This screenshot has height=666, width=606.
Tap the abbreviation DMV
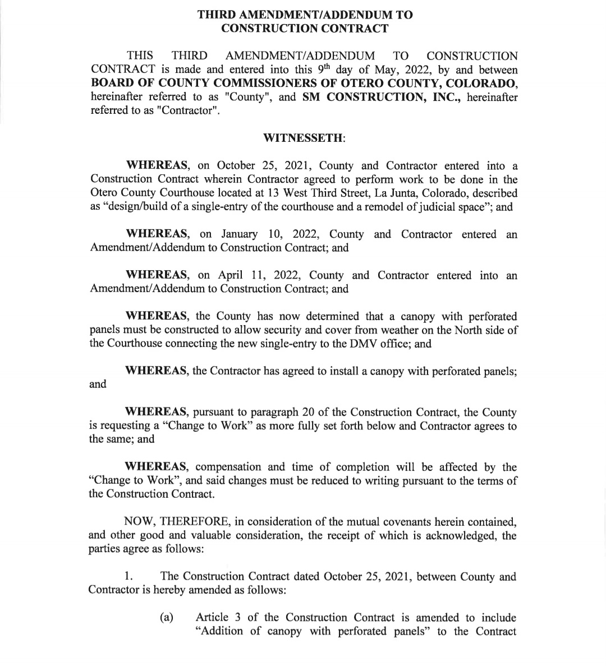pos(355,344)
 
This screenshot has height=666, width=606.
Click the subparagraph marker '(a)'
pos(166,618)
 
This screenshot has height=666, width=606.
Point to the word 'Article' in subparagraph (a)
pos(212,618)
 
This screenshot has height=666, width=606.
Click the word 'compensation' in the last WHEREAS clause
pos(228,467)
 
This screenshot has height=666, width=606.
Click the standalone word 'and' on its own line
pos(98,385)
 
